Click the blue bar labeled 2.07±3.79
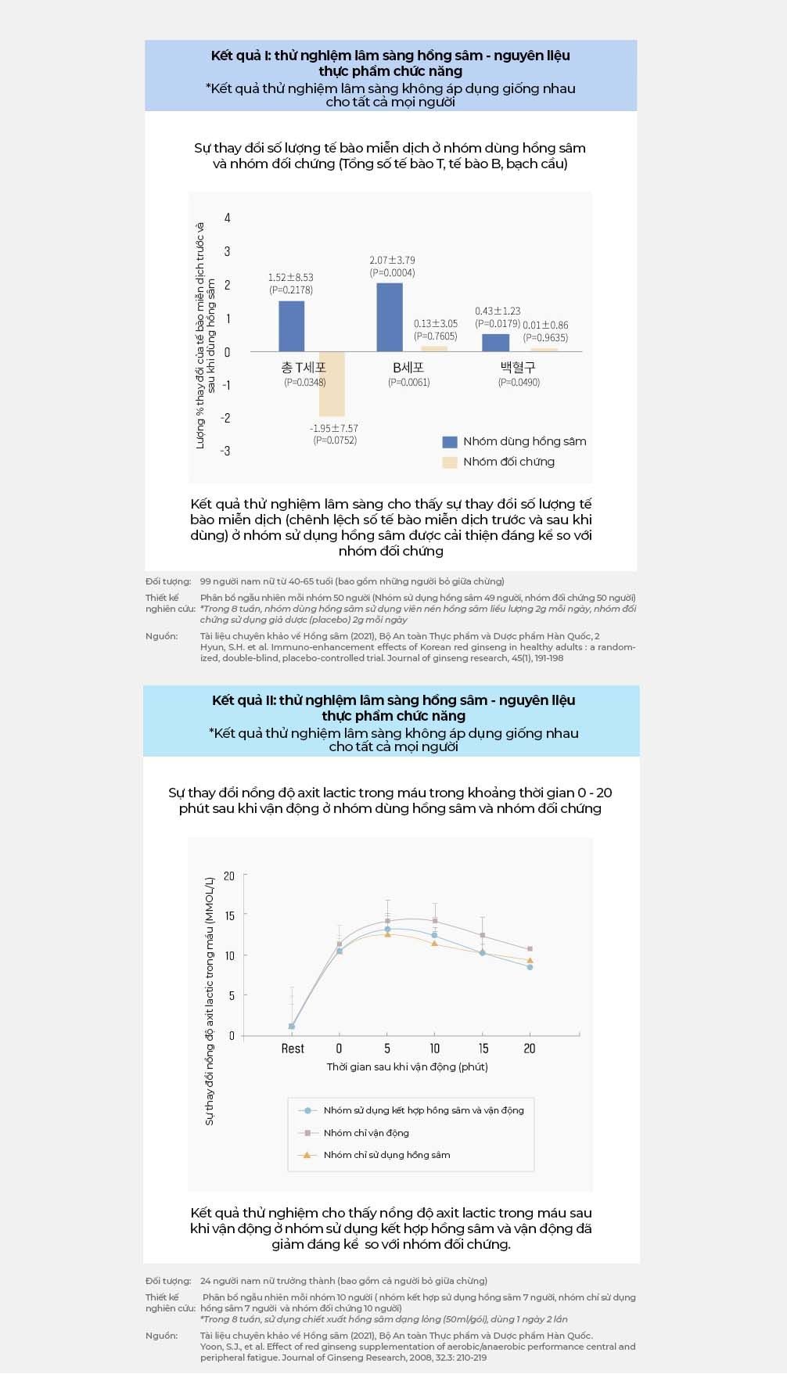pos(390,317)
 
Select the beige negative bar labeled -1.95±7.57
pos(332,383)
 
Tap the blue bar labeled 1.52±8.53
pos(292,326)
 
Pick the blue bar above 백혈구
pos(495,343)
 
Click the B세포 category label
pos(408,367)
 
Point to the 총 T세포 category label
pos(304,367)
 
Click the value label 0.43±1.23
pos(498,311)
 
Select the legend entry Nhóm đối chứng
pos(508,462)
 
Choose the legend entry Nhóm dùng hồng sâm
pos(524,441)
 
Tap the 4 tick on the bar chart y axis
pos(228,218)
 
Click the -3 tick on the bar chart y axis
pos(225,451)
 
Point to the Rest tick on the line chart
pos(293,1048)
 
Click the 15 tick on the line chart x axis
pos(483,1048)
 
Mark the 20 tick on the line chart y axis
pos(229,876)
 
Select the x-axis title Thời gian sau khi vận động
pos(407,1066)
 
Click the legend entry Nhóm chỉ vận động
pos(366,1132)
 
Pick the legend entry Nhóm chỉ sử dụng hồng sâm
pos(386,1154)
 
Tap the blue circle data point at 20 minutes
pos(530,967)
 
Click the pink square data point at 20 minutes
pos(530,949)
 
